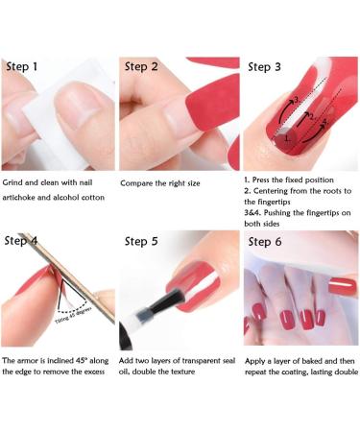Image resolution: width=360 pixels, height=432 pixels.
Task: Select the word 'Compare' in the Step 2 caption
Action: [x=139, y=182]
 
